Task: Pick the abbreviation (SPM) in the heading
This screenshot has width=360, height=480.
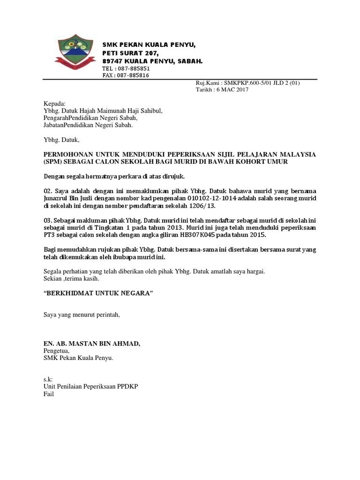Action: [x=52, y=162]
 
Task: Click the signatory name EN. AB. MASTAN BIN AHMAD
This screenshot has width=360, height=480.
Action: [x=92, y=344]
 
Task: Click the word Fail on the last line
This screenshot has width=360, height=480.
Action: [x=49, y=394]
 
